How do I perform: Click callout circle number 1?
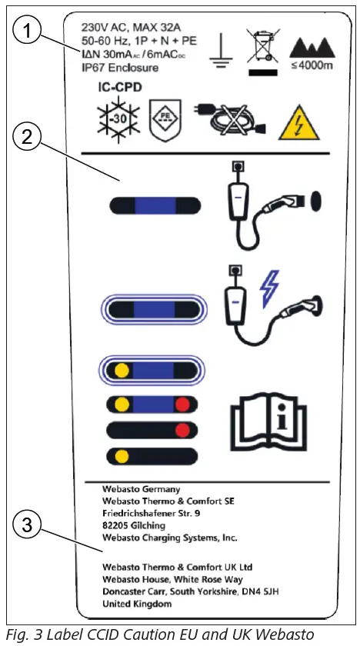(28, 32)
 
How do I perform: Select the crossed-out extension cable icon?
(230, 122)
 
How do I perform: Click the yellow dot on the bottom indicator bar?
(122, 455)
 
